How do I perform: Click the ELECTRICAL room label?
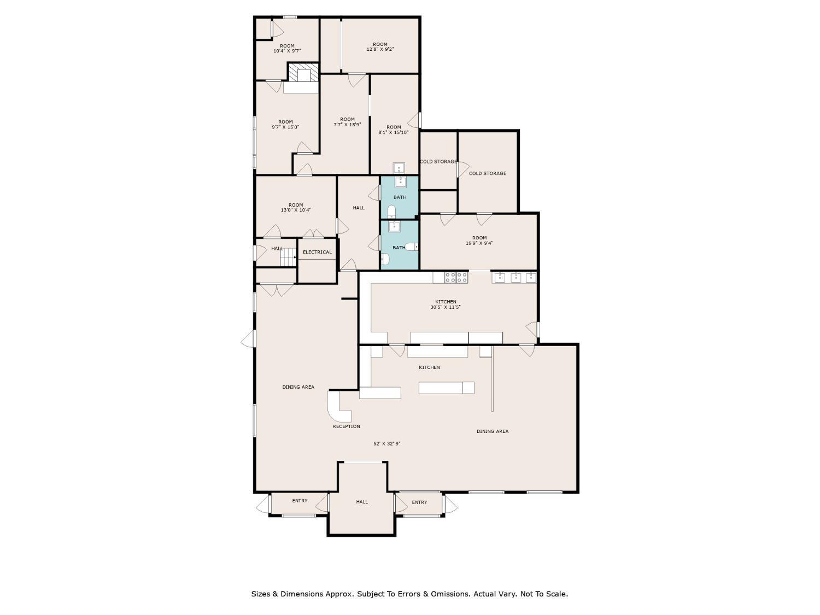[317, 252]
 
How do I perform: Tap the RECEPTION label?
[346, 426]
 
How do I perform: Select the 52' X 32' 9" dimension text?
[387, 443]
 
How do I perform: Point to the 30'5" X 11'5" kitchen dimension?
[446, 307]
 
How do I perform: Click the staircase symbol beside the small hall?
[288, 256]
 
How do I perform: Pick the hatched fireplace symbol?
[303, 73]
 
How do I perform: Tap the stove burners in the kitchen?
[456, 278]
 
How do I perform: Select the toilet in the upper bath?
[391, 212]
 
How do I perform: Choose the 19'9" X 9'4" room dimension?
[479, 243]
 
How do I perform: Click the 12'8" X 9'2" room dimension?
[380, 49]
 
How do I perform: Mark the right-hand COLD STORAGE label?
[488, 173]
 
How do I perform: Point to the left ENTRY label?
[300, 501]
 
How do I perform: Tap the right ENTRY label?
[419, 502]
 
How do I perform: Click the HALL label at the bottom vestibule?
[362, 502]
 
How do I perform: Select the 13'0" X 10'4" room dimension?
[296, 210]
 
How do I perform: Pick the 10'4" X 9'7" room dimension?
[288, 51]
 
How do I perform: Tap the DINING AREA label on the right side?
[493, 431]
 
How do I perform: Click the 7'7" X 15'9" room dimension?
[347, 124]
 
